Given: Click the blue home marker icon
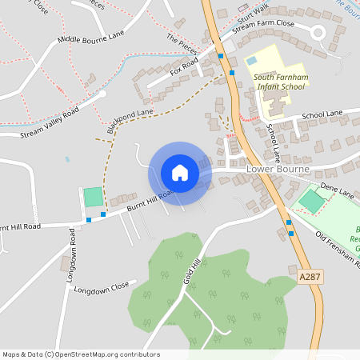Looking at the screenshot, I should (180, 173).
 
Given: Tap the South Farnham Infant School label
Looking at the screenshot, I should (279, 81).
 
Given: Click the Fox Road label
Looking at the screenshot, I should (184, 67).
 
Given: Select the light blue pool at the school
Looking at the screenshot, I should (251, 61).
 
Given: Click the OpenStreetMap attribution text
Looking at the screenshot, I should (81, 354).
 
